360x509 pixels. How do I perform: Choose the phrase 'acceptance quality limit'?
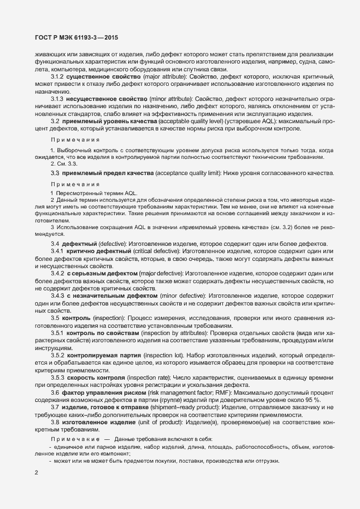coord(187,173)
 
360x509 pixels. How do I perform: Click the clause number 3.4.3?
coord(58,295)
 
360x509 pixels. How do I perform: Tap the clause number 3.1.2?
coord(58,76)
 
